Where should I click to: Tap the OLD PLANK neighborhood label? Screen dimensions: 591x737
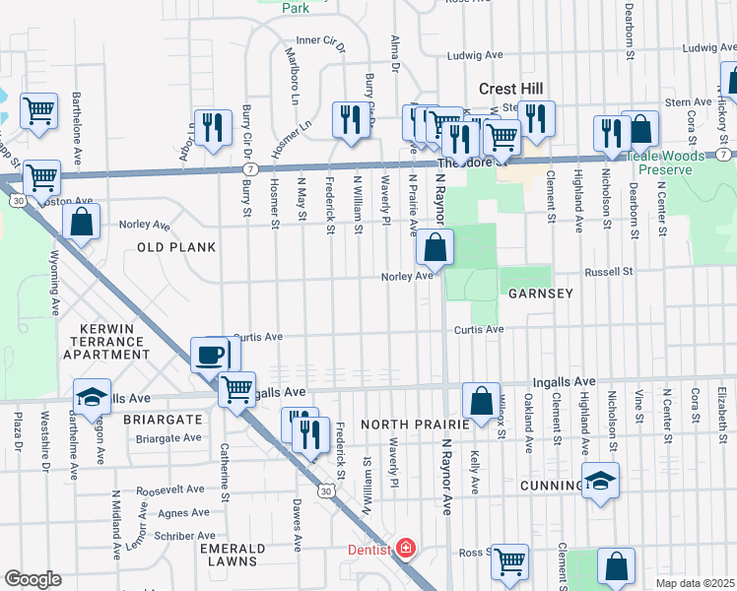tap(176, 247)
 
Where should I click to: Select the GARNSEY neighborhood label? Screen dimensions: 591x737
tap(540, 294)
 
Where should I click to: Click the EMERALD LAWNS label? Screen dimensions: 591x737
tap(233, 555)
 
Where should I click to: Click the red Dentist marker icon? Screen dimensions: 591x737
tap(405, 549)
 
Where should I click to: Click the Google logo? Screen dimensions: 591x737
tap(33, 579)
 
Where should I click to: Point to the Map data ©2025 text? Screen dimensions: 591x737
tap(695, 583)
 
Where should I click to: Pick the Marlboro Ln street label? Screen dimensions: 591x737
tap(293, 76)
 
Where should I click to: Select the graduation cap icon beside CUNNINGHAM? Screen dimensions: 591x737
tap(600, 481)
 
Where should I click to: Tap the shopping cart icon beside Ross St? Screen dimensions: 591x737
tap(509, 562)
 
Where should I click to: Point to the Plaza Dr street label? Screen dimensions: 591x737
tap(17, 433)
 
